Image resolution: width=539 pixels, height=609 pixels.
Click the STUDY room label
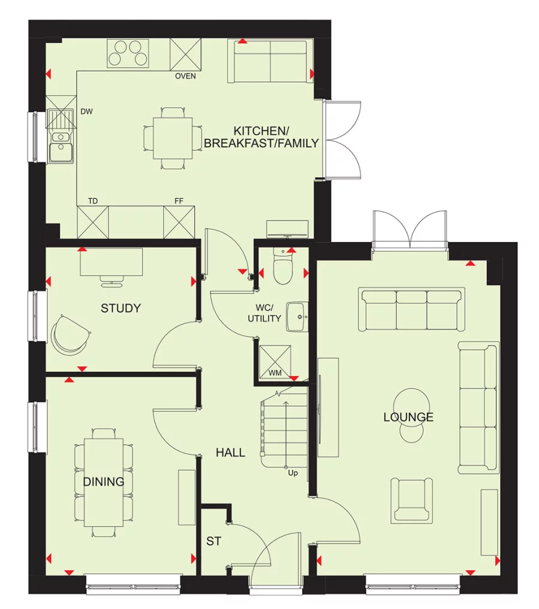click(x=121, y=308)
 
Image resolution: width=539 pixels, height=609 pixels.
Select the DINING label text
click(x=104, y=481)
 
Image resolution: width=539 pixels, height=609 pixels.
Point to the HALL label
click(x=230, y=453)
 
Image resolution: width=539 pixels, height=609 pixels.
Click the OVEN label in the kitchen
click(x=185, y=77)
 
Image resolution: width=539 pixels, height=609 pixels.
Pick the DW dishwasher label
click(x=86, y=111)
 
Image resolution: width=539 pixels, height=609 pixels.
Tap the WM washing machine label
click(x=275, y=374)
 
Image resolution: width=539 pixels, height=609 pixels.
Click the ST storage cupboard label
click(x=214, y=541)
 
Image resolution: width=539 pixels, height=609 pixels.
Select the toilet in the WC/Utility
click(x=281, y=268)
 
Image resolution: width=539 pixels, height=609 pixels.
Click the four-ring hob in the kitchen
click(x=128, y=53)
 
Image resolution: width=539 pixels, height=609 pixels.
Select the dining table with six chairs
click(x=104, y=482)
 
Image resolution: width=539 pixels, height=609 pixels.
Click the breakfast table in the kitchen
click(x=173, y=138)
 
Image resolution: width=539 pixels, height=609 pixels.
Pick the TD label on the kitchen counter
click(x=92, y=201)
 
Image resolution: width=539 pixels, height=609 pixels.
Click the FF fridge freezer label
click(x=179, y=201)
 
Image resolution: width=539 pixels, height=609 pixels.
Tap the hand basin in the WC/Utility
click(x=296, y=315)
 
